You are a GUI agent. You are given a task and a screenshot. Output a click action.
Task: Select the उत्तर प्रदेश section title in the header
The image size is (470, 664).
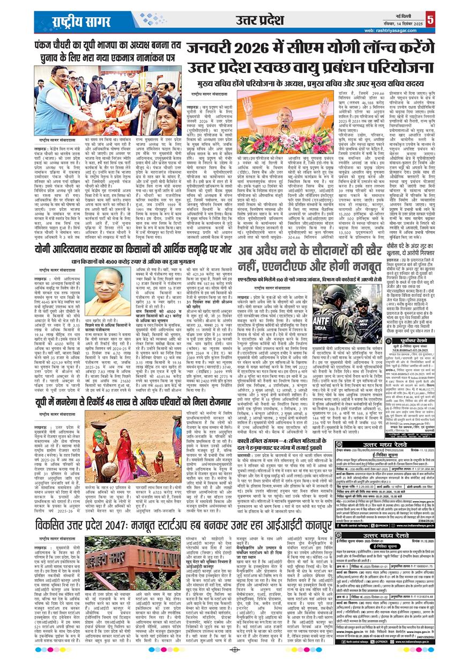point(259,20)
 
